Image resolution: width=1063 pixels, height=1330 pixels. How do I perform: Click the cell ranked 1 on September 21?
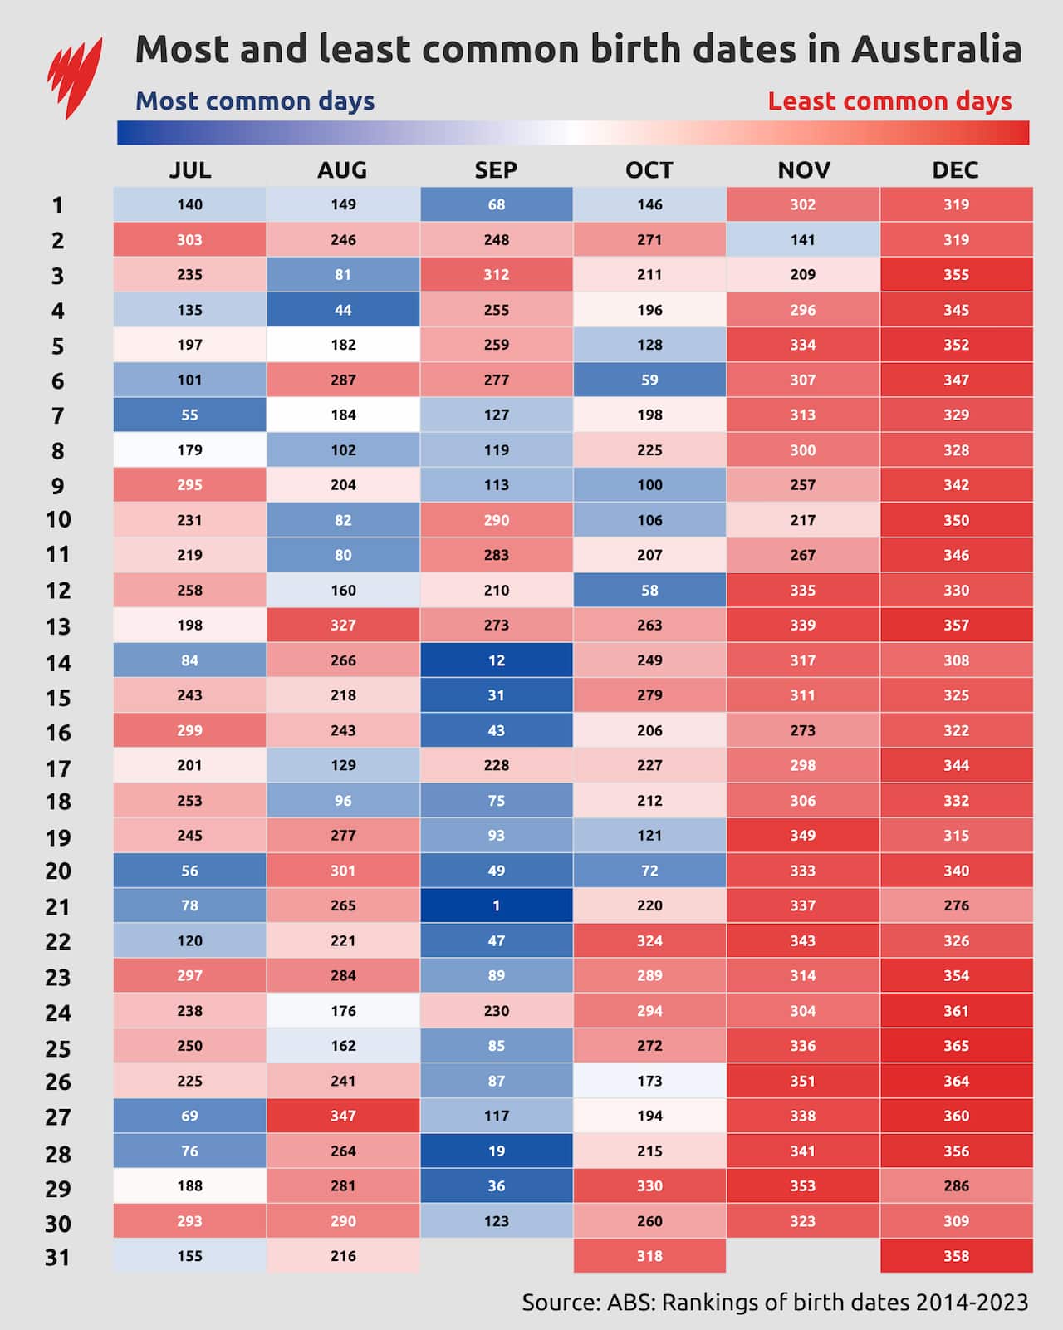pos(496,905)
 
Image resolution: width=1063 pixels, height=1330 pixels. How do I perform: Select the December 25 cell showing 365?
pos(956,1046)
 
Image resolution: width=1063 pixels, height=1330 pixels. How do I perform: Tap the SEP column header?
pos(496,170)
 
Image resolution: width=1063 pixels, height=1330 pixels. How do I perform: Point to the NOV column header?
pos(803,170)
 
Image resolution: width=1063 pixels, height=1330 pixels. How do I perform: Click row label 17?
pos(57,768)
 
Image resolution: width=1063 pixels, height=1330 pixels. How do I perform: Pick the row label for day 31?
pos(57,1258)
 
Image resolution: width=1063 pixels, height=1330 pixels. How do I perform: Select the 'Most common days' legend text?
pos(255,101)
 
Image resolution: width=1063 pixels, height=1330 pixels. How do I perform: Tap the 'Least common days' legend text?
pos(889,101)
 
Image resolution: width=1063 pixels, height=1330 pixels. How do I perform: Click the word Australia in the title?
pos(936,50)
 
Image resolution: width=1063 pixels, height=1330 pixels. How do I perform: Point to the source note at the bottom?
pos(775,1302)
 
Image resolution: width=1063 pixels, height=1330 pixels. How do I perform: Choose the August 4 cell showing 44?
pos(343,310)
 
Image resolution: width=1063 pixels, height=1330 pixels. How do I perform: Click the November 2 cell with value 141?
pos(803,239)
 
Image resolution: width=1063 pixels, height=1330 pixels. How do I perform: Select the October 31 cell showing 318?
pos(649,1256)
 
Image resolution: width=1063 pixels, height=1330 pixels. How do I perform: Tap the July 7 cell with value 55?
pos(189,415)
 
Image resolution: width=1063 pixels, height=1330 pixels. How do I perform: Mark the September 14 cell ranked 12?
pos(496,660)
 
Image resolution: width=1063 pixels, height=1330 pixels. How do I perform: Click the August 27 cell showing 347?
pos(343,1116)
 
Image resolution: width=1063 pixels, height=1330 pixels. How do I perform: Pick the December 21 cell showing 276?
pos(956,905)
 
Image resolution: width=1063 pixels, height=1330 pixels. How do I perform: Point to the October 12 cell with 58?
pos(649,590)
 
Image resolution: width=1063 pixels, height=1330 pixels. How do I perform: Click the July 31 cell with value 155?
pos(189,1256)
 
